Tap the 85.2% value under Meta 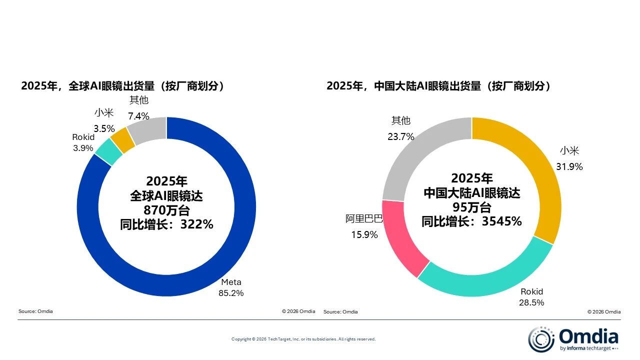point(231,293)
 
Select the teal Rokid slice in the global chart point(108,151)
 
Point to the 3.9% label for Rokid point(82,148)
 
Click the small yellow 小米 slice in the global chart point(122,140)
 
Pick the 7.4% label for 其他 point(138,116)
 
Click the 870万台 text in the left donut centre point(166,209)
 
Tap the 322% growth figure point(196,224)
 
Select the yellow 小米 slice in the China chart point(540,165)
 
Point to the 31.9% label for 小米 point(569,167)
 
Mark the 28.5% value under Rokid point(531,302)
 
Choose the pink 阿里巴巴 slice point(402,235)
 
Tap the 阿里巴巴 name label point(364,218)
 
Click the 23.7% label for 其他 point(401,136)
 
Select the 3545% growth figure point(501,221)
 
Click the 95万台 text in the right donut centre point(471,207)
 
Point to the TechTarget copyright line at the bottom point(303,339)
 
